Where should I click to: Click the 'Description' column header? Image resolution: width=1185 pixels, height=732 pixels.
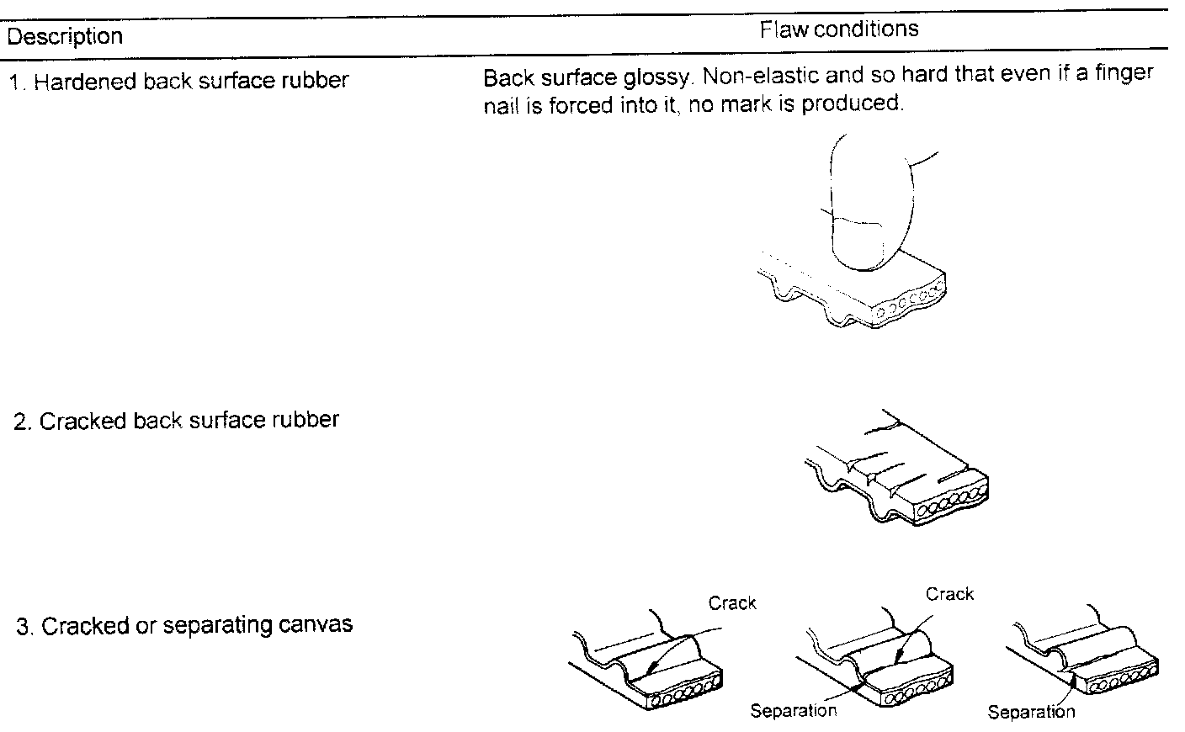65,37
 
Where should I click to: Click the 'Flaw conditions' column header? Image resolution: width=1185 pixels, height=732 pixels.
838,30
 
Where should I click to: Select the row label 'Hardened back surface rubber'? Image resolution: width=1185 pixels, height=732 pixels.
178,82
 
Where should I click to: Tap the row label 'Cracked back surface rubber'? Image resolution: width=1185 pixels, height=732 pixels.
176,420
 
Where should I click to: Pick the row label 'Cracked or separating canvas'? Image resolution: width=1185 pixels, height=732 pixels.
184,626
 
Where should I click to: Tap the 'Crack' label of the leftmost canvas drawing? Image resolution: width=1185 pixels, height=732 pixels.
732,603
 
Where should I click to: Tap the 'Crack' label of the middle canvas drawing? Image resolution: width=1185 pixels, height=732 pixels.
949,594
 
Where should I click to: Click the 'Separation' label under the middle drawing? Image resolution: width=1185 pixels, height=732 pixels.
794,711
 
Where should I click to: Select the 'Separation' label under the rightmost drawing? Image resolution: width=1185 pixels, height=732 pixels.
1031,713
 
